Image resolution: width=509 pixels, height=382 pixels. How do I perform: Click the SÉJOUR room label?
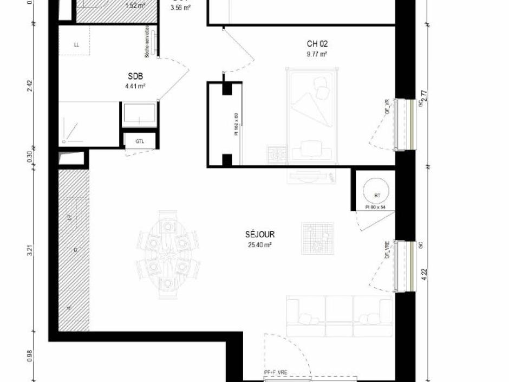[259, 235]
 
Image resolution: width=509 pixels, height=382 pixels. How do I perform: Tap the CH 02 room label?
[317, 44]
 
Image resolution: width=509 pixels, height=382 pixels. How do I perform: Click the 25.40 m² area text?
[259, 244]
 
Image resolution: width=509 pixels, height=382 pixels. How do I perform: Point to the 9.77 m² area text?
[317, 54]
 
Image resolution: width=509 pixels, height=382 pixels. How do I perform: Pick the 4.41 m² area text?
[135, 86]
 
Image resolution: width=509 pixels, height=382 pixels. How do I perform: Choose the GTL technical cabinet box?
[140, 141]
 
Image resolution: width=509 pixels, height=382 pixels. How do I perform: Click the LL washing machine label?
[76, 45]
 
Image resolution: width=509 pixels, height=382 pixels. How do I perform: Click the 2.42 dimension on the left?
[30, 86]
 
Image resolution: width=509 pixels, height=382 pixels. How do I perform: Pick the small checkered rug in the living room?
[318, 238]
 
